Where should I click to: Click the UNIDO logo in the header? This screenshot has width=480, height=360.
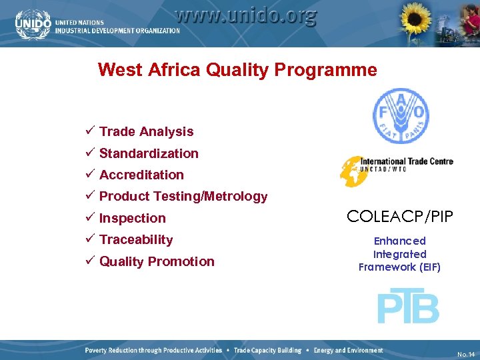click(x=33, y=23)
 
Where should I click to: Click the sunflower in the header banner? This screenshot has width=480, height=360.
click(x=415, y=22)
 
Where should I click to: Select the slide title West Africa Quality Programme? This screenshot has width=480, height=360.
click(x=237, y=70)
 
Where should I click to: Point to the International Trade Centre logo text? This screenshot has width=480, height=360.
click(x=407, y=165)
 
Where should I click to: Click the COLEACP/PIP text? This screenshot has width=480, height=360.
click(x=400, y=216)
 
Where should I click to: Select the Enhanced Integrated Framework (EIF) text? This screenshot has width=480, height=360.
click(x=400, y=254)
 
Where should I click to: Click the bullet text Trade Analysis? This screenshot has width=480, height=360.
click(x=146, y=132)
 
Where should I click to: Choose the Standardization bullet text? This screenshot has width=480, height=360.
click(x=149, y=153)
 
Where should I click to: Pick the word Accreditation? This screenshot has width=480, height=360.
click(x=141, y=175)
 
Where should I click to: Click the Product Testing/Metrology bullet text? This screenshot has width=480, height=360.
click(x=183, y=196)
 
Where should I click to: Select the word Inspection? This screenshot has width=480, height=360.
click(x=132, y=218)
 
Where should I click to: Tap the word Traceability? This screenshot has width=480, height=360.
click(x=136, y=239)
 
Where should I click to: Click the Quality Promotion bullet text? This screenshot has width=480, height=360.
click(x=157, y=261)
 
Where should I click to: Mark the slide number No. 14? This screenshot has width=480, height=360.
click(x=466, y=353)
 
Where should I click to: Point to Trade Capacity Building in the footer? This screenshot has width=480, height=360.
click(x=267, y=351)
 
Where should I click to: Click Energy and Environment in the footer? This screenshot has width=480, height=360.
click(x=348, y=351)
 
